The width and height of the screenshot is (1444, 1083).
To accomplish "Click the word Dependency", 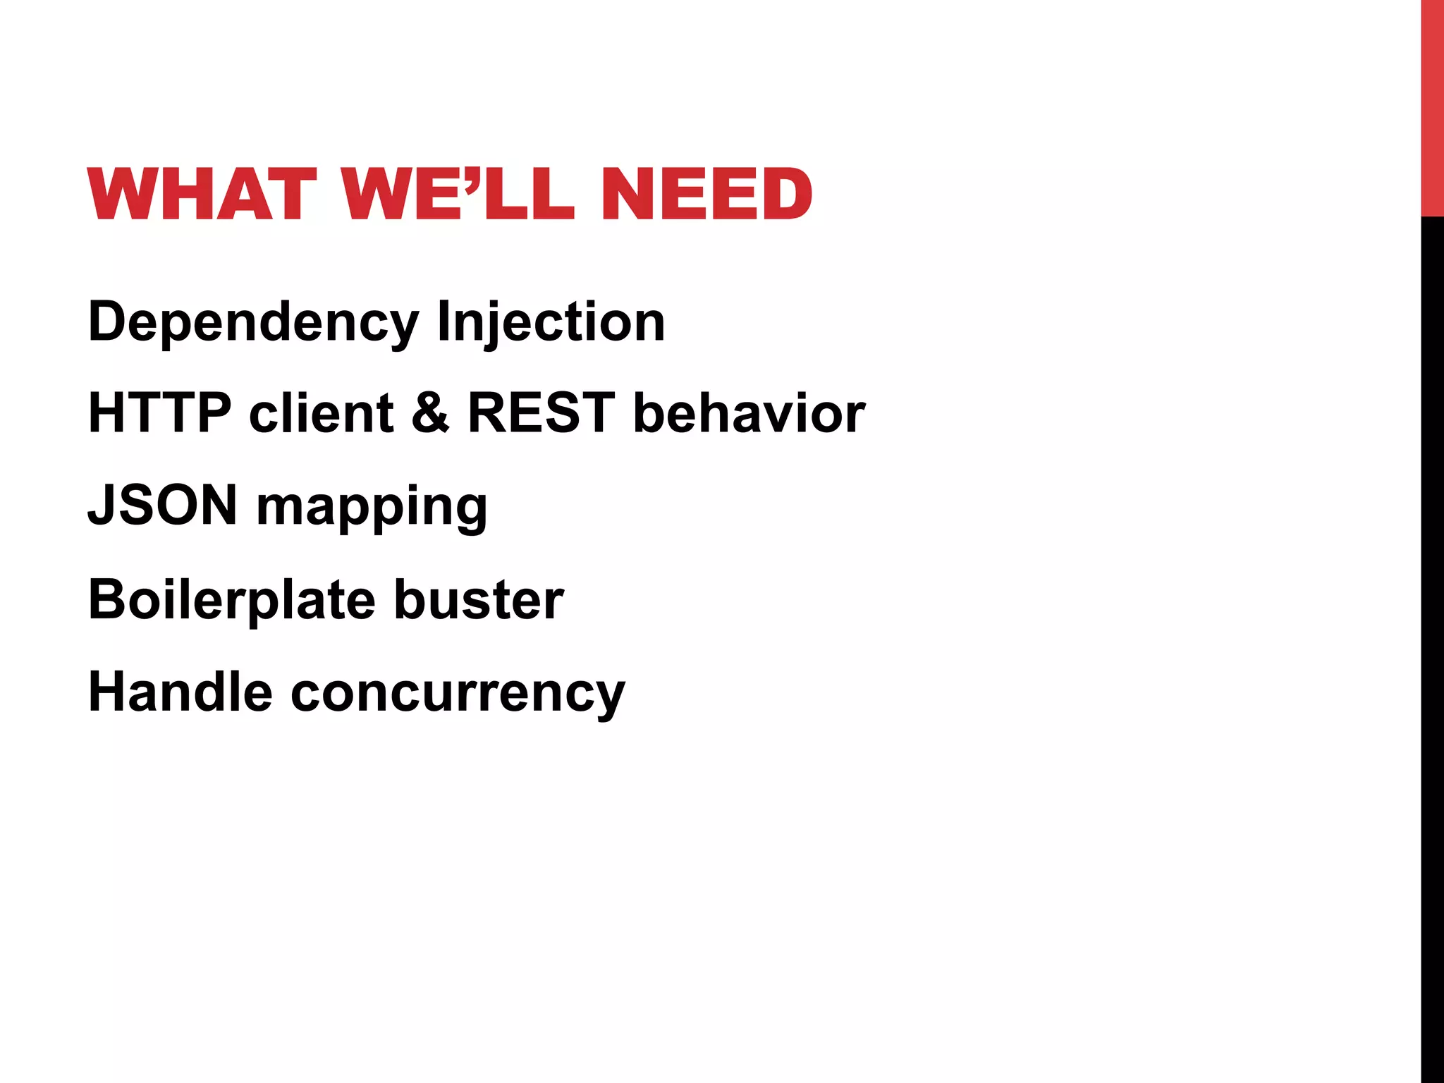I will pyautogui.click(x=254, y=323).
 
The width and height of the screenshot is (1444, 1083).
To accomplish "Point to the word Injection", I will pyautogui.click(x=551, y=323).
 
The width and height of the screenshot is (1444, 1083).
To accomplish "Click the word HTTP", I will pyautogui.click(x=159, y=412).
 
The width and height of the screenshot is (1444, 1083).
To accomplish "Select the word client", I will pyautogui.click(x=321, y=412).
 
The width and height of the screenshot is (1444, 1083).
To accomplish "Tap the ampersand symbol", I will pyautogui.click(x=430, y=412).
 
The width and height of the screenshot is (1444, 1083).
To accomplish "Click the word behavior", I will pyautogui.click(x=749, y=412).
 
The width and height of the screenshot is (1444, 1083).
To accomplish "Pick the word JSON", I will pyautogui.click(x=162, y=505).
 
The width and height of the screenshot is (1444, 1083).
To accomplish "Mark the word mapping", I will pyautogui.click(x=372, y=508).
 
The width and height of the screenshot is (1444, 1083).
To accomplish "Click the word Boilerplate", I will pyautogui.click(x=231, y=600).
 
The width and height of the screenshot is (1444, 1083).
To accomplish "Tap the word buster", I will pyautogui.click(x=479, y=600).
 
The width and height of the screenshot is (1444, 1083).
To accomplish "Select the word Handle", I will pyautogui.click(x=180, y=692).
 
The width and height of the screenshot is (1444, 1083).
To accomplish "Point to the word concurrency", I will pyautogui.click(x=458, y=695).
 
